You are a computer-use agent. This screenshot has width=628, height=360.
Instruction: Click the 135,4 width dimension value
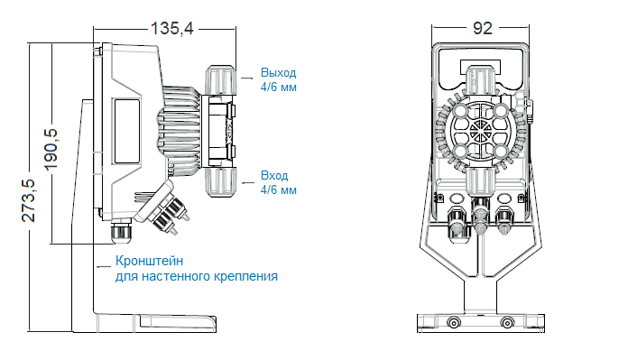click(172, 28)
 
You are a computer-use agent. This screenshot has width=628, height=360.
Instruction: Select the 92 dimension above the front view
click(481, 28)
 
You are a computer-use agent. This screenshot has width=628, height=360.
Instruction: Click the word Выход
click(277, 73)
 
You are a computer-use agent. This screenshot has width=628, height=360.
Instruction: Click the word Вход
click(273, 175)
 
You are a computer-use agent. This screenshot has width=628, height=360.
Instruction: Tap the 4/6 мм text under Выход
click(278, 88)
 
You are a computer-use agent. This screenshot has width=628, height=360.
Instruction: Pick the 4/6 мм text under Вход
click(278, 190)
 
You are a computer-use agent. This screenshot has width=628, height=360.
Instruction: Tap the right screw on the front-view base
click(506, 321)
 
